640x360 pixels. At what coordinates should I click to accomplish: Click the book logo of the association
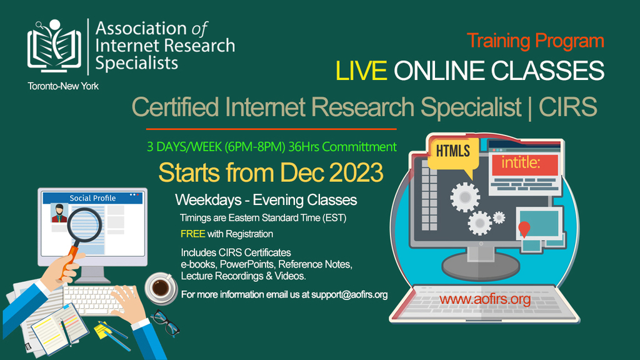[54, 46]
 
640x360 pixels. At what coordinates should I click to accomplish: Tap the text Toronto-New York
[63, 86]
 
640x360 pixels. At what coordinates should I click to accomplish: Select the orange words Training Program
[536, 41]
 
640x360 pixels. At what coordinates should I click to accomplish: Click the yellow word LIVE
[361, 70]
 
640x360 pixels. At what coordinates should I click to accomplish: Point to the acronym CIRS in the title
[567, 107]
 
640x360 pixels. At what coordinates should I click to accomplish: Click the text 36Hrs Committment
[342, 147]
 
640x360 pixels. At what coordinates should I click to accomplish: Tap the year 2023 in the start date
[356, 172]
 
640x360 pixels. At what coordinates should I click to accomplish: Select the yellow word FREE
[192, 234]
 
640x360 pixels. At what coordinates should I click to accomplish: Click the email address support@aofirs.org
[349, 295]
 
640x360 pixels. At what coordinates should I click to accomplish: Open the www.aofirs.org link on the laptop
[485, 299]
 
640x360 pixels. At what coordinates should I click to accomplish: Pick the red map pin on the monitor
[524, 229]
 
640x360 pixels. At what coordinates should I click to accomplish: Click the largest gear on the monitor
[465, 197]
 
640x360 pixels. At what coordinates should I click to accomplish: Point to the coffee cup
[161, 288]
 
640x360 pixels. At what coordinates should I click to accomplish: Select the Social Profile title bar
[92, 198]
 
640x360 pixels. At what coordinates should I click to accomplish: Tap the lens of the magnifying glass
[84, 225]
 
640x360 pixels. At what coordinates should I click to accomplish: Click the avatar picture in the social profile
[59, 213]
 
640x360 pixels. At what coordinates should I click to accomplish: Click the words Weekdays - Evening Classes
[266, 200]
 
